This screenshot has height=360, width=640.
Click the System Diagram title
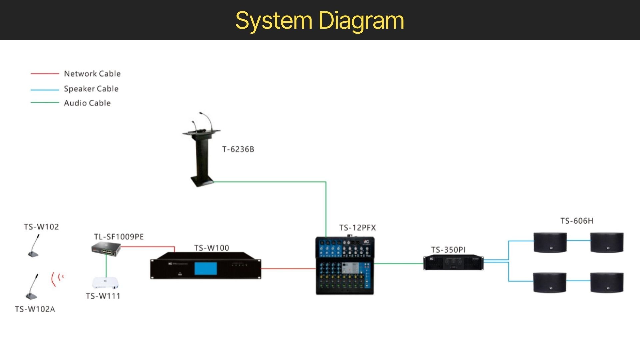pyautogui.click(x=320, y=21)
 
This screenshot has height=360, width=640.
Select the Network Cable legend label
pyautogui.click(x=92, y=74)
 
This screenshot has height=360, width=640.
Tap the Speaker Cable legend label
pyautogui.click(x=91, y=89)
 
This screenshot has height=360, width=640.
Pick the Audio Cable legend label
pyautogui.click(x=87, y=103)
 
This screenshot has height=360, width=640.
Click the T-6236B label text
pyautogui.click(x=238, y=149)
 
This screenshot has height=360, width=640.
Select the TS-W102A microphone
pyautogui.click(x=32, y=286)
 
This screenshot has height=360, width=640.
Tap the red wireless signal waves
pyautogui.click(x=57, y=279)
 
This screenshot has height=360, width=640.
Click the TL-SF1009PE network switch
pyautogui.click(x=106, y=249)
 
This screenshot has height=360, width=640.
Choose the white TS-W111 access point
pyautogui.click(x=105, y=283)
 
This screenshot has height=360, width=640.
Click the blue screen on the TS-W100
pyautogui.click(x=206, y=269)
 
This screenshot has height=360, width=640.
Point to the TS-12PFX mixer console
pyautogui.click(x=345, y=265)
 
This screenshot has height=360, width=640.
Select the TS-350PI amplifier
pyautogui.click(x=453, y=263)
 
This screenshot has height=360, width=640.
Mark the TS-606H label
pyautogui.click(x=577, y=221)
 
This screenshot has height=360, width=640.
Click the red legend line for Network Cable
pyautogui.click(x=45, y=74)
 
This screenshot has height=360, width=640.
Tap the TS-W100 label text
pyautogui.click(x=212, y=248)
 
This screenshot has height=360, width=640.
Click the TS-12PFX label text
pyautogui.click(x=358, y=228)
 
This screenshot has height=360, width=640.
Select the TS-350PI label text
pyautogui.click(x=448, y=250)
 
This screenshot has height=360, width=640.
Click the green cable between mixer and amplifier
pyautogui.click(x=399, y=264)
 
